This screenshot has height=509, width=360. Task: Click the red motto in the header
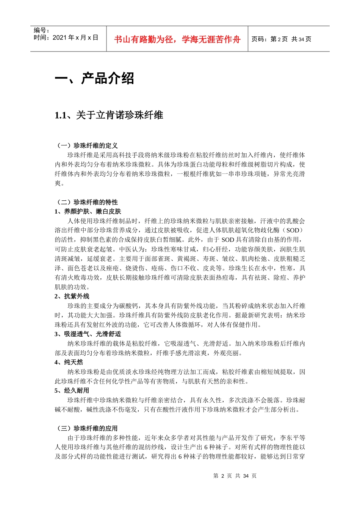[x=177, y=39]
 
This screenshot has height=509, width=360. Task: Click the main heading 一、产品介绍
[x=94, y=78]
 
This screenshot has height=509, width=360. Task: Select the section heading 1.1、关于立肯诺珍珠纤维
[x=109, y=115]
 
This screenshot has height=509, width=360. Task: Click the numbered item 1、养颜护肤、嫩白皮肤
[x=88, y=211]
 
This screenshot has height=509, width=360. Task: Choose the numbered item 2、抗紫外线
[x=72, y=296]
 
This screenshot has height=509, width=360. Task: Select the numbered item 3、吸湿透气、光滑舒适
[x=88, y=334]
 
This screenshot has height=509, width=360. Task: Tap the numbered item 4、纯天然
[x=69, y=362]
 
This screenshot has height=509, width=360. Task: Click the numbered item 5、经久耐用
[x=72, y=390]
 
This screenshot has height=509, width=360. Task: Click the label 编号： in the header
[x=42, y=30]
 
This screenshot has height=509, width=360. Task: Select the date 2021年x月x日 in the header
[x=75, y=37]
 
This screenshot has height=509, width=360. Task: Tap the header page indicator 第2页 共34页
[x=291, y=39]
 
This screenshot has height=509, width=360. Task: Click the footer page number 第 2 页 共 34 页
[x=235, y=476]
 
